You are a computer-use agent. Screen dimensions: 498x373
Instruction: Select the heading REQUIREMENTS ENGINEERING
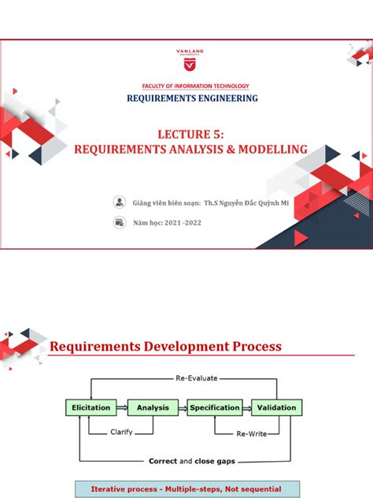point(193,98)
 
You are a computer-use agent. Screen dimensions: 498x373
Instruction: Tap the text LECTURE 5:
point(186,135)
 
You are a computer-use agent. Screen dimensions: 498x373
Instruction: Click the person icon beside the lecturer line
point(120,202)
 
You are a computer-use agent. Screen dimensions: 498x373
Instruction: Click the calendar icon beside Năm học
point(120,222)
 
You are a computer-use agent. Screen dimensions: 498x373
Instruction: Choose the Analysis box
point(153,407)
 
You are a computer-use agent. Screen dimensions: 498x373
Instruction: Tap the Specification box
point(214,407)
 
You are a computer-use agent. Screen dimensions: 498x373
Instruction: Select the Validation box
point(276,407)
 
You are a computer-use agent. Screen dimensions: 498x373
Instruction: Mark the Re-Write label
point(253,433)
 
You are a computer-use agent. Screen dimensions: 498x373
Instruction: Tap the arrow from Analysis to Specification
point(183,407)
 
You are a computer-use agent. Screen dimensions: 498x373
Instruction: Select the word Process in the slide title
point(247,347)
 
